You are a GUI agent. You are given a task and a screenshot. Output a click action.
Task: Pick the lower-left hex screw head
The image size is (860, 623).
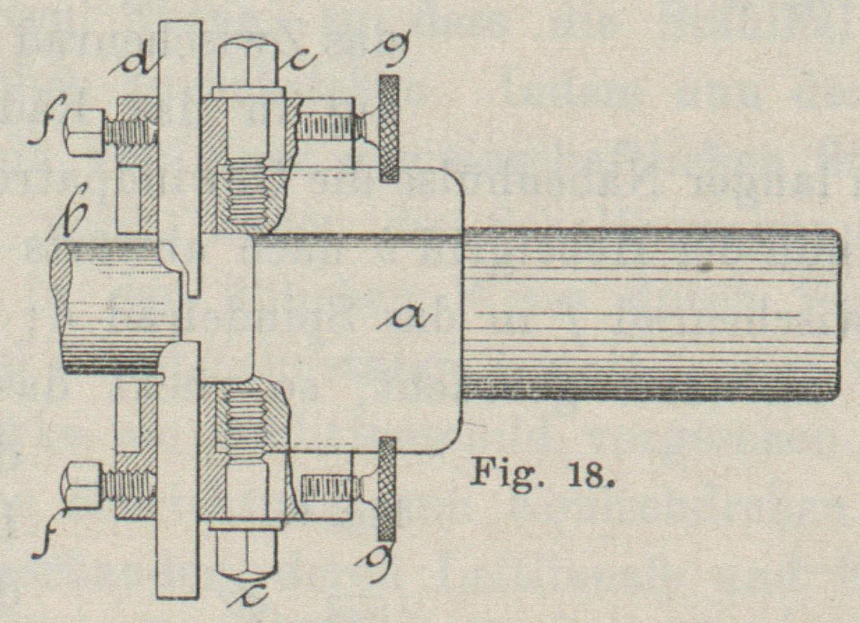coord(82,485)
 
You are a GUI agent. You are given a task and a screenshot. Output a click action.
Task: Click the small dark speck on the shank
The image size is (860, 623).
coord(708,266)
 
